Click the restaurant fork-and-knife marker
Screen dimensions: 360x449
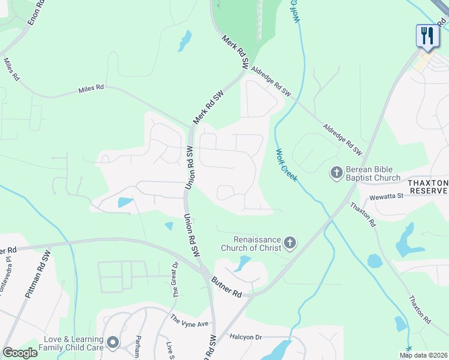(427, 35)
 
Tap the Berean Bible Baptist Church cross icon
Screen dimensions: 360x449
(336, 173)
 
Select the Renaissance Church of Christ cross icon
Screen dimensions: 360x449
(290, 243)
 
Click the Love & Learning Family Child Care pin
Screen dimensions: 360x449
(113, 342)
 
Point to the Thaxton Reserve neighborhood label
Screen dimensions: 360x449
(428, 187)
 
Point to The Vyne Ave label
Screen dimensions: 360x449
(189, 321)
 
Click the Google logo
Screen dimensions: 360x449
(20, 353)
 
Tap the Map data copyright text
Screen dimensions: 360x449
(424, 355)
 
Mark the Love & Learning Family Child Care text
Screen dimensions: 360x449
(71, 343)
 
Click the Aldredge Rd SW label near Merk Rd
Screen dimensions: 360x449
(271, 82)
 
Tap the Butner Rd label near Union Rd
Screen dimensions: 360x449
(226, 287)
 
